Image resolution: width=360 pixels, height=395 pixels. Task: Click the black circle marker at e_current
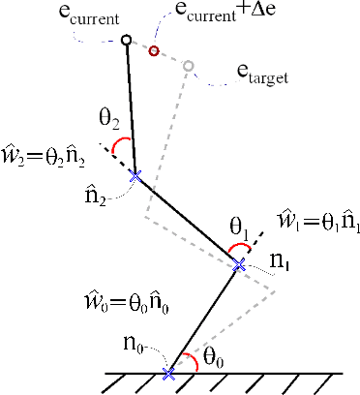tap(126, 41)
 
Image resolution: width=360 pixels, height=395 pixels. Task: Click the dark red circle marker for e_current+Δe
tap(154, 49)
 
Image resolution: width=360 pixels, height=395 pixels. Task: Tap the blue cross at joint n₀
tap(169, 372)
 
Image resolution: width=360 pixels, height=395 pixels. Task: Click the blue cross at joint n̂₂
tap(135, 175)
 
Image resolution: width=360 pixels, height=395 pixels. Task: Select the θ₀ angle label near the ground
tap(214, 356)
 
